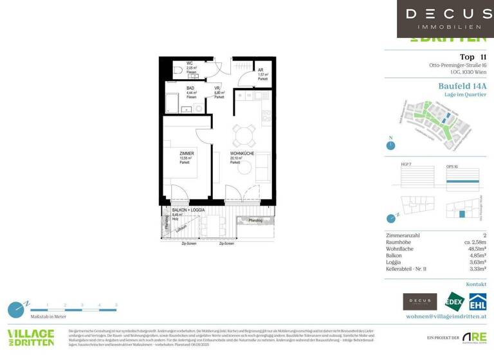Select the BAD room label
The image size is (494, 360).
pyautogui.click(x=190, y=89)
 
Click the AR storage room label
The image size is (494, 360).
pyautogui.click(x=261, y=70)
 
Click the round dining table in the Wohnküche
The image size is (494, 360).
pyautogui.click(x=244, y=135)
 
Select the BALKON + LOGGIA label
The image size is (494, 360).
pyautogui.click(x=188, y=210)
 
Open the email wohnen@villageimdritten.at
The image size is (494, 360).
pyautogui.click(x=446, y=316)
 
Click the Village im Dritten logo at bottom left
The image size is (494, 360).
pyautogui.click(x=30, y=337)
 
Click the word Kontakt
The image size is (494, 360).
pyautogui.click(x=475, y=283)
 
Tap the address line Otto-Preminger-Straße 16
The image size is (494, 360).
pyautogui.click(x=457, y=65)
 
